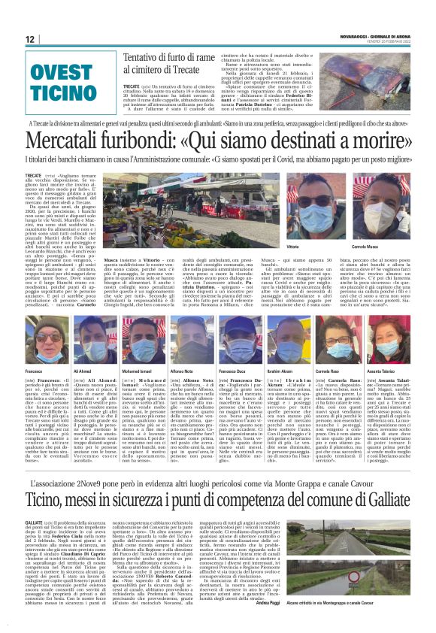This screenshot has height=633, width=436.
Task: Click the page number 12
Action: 30,39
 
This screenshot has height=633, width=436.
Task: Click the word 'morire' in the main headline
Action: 388,143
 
